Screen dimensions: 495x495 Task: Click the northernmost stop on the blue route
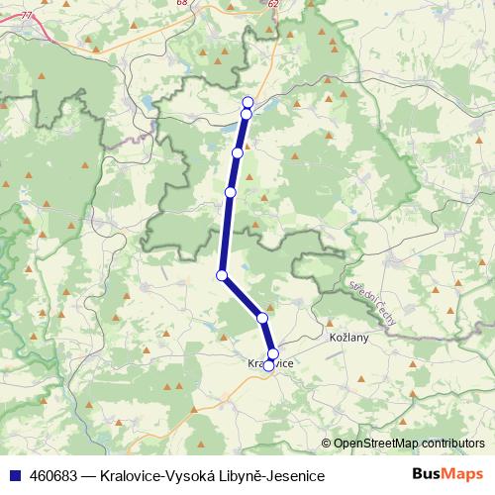click(247, 102)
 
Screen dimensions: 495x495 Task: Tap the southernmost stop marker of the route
click(268, 365)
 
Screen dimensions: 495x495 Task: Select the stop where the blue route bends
click(222, 275)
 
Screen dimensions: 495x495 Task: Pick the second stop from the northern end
click(246, 114)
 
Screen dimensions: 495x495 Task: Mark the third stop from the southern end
click(262, 318)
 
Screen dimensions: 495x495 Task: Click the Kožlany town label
click(347, 339)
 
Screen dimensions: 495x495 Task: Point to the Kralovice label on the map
click(268, 363)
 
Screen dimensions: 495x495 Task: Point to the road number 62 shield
click(273, 3)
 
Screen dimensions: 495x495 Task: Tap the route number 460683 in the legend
click(49, 476)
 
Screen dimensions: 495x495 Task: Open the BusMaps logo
click(447, 475)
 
